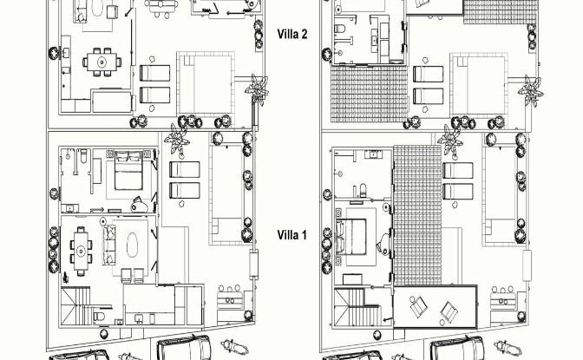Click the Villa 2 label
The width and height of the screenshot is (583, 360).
pyautogui.click(x=292, y=34)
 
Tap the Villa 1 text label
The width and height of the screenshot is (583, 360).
pyautogui.click(x=292, y=235)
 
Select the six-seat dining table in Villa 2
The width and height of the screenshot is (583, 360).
pyautogui.click(x=102, y=62)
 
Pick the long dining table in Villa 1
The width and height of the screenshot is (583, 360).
pyautogui.click(x=81, y=251)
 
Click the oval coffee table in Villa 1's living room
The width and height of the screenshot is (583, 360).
pyautogui.click(x=133, y=245)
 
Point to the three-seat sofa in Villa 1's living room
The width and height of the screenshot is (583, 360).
pyautogui.click(x=109, y=245)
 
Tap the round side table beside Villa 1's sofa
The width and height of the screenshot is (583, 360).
pyautogui.click(x=103, y=221)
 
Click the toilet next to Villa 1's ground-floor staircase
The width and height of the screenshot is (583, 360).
pyautogui.click(x=99, y=316)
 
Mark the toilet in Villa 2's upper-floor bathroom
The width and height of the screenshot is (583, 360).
pyautogui.click(x=340, y=28)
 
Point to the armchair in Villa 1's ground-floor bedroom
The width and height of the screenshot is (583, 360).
pyautogui.click(x=140, y=205)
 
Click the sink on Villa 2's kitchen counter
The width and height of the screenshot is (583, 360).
pyautogui.click(x=66, y=54)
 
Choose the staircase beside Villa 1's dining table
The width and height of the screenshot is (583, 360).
pyautogui.click(x=76, y=305)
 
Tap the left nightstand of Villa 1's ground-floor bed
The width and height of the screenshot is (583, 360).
pyautogui.click(x=109, y=154)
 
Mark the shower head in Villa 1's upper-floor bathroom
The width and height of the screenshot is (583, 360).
pyautogui.click(x=339, y=173)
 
